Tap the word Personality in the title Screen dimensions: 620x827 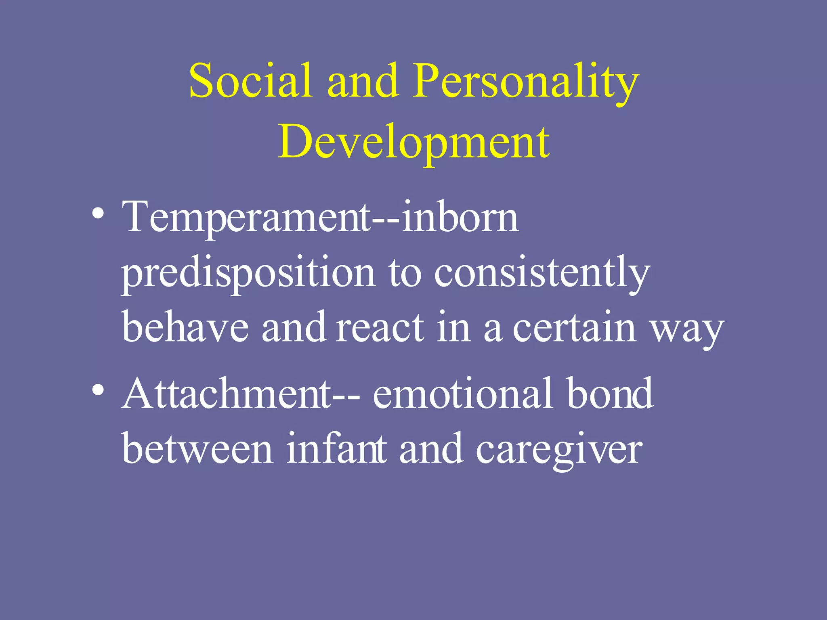click(x=525, y=83)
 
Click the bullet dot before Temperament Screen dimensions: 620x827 click(x=98, y=213)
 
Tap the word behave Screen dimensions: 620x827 click(x=185, y=328)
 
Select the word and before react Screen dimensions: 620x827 click(x=294, y=328)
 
